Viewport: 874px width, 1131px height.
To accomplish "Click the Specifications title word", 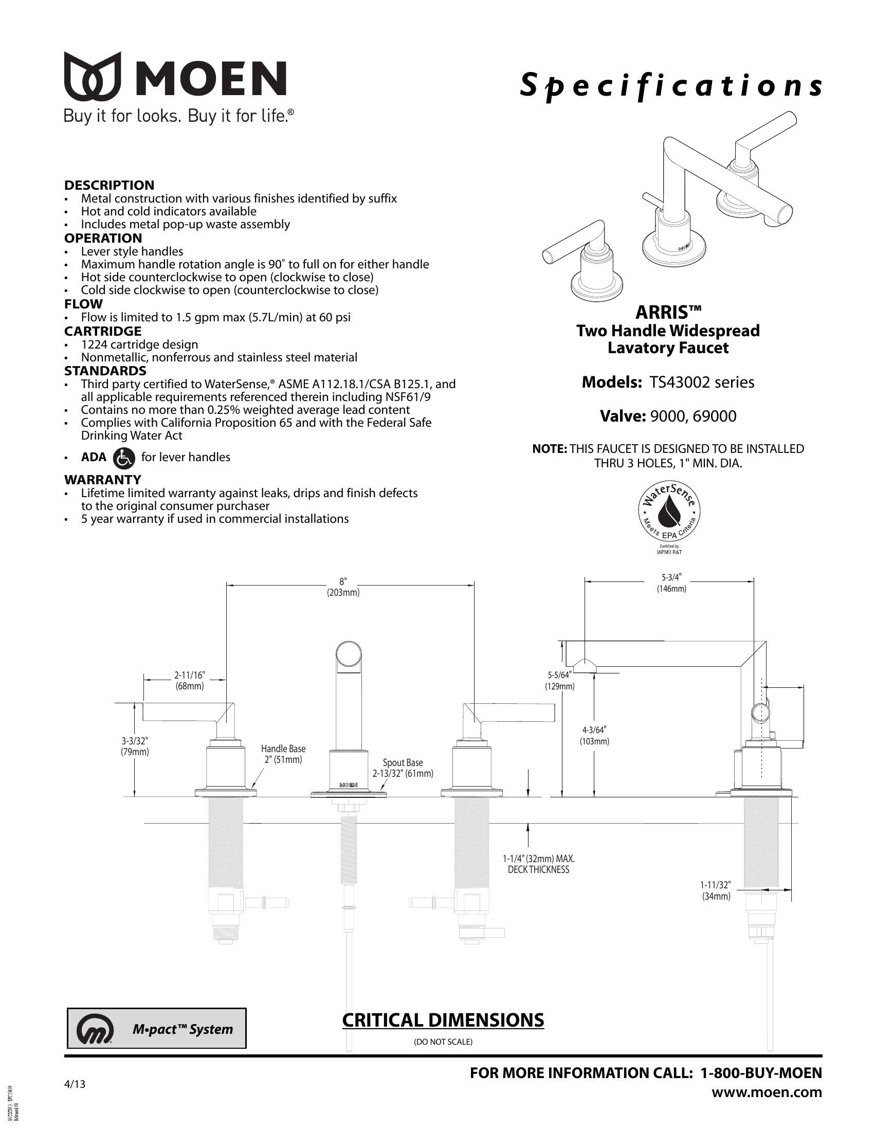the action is [x=671, y=86].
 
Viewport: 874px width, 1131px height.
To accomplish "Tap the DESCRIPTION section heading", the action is [x=109, y=185].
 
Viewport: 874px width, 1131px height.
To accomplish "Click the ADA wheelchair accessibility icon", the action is [x=123, y=457].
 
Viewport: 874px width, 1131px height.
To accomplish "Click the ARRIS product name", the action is [x=668, y=312].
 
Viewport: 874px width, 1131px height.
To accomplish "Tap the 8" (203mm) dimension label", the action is [x=343, y=587].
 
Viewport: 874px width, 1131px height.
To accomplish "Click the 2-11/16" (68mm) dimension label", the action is [x=190, y=681].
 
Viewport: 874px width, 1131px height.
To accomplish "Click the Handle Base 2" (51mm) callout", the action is [x=283, y=754].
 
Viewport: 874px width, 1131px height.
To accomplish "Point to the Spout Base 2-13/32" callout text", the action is [x=403, y=768].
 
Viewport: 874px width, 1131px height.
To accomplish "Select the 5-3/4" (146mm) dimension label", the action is [x=671, y=582].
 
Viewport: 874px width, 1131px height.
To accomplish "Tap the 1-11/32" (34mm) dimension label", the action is [x=716, y=891].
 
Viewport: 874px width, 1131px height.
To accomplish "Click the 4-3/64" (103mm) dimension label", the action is [x=594, y=735].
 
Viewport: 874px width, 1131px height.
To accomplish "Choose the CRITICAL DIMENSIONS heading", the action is [x=443, y=1020].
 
